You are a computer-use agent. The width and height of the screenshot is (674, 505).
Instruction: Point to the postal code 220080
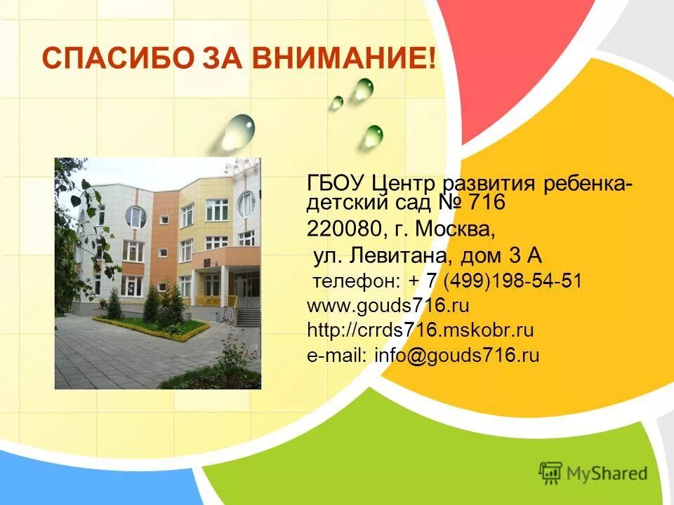click(x=343, y=229)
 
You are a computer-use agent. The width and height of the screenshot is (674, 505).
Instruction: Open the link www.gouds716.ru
click(x=388, y=306)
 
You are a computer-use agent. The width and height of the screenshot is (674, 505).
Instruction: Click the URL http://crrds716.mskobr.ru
click(x=421, y=330)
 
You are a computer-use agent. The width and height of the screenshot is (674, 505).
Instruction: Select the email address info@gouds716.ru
click(x=456, y=355)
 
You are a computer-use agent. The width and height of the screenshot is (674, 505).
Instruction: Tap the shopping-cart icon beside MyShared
click(x=551, y=473)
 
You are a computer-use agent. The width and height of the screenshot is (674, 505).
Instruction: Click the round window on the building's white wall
click(x=136, y=217)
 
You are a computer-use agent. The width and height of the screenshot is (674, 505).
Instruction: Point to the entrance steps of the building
click(x=247, y=317)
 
